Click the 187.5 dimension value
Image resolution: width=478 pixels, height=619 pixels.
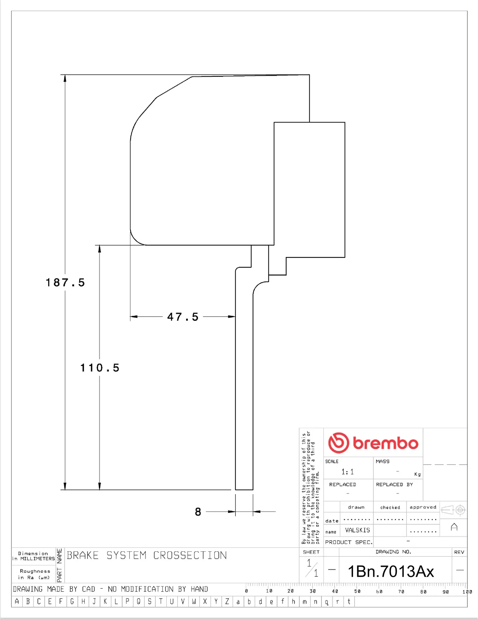[65, 283]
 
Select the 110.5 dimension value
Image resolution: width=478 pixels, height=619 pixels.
[100, 368]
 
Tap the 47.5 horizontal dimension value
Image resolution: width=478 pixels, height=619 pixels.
[183, 317]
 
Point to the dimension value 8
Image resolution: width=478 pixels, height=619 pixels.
[198, 512]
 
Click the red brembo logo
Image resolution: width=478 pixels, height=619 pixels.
[373, 443]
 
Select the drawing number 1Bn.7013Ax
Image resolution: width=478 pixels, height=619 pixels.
[391, 572]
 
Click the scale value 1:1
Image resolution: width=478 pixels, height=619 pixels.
[347, 472]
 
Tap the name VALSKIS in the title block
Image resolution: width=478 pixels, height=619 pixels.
[357, 530]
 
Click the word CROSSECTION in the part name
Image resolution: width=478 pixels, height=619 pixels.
[190, 555]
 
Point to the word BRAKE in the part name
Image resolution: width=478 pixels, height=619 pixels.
[83, 555]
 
